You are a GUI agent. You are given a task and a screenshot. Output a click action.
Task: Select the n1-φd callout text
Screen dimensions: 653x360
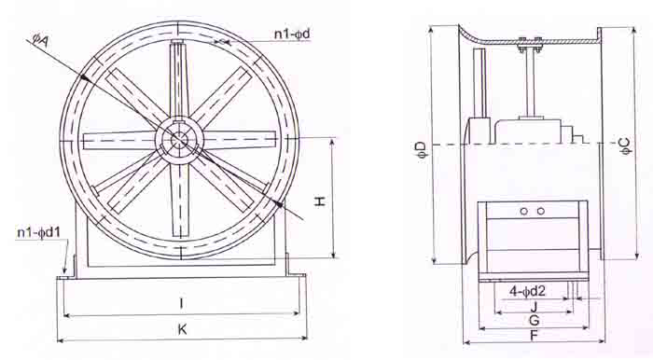coord(292,35)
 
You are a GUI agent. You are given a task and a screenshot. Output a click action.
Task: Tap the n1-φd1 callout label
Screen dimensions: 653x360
coord(39,232)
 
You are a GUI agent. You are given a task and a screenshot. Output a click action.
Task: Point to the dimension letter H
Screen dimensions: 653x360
coord(319,201)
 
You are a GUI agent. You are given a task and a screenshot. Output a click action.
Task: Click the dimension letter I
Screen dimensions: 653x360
coord(181,303)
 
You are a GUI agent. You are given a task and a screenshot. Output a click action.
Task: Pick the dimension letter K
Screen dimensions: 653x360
coord(182,329)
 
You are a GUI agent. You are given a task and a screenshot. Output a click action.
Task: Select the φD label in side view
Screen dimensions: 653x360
coord(421,150)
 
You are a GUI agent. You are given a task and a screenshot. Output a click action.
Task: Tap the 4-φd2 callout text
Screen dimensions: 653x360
coord(527,292)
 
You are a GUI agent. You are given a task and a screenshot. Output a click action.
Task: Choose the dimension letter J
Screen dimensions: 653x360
coord(535,307)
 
